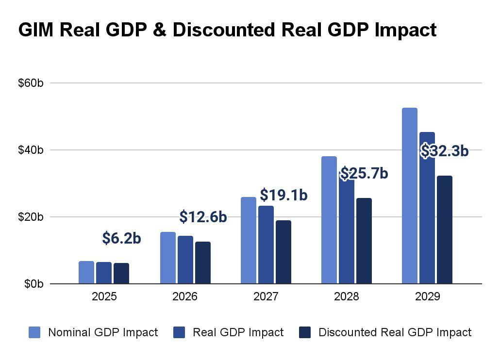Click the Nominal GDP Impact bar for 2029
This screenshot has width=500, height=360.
click(409, 196)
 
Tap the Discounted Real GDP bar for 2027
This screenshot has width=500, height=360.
click(283, 252)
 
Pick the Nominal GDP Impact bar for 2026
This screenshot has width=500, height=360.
click(168, 258)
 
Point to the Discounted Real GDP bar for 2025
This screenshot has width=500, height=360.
click(121, 273)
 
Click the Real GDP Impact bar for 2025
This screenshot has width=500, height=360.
click(104, 273)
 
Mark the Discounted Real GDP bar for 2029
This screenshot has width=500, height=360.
click(445, 229)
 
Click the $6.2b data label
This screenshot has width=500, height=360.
click(121, 238)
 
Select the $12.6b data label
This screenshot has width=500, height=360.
click(203, 217)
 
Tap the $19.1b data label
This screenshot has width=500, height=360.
click(284, 195)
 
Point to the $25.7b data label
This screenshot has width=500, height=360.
click(364, 173)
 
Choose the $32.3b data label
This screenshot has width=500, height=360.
click(445, 151)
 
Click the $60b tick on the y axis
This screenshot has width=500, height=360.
click(31, 83)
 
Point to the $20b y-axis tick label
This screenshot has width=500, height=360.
click(31, 217)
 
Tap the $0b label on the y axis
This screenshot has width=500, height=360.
click(34, 284)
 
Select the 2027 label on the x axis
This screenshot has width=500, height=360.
click(266, 296)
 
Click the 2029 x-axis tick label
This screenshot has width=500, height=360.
click(427, 296)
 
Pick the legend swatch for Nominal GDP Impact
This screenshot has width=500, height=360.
click(34, 332)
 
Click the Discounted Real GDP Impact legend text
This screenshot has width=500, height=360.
click(395, 332)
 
